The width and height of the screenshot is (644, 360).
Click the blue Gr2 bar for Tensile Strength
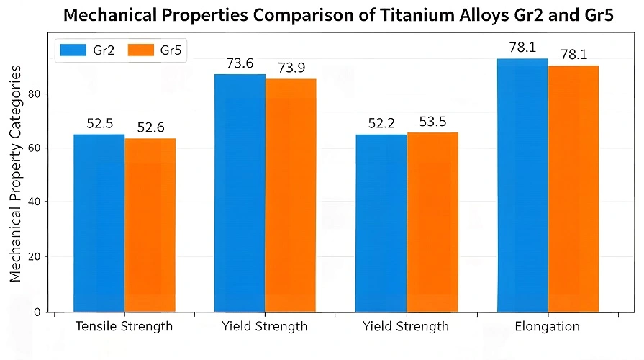pyautogui.click(x=99, y=223)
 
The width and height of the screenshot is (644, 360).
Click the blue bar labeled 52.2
pyautogui.click(x=381, y=223)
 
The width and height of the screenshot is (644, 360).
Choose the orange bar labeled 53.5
pyautogui.click(x=432, y=222)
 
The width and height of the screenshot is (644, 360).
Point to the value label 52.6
pyautogui.click(x=150, y=127)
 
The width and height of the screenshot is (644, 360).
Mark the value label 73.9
pyautogui.click(x=291, y=68)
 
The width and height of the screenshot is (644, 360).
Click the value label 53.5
pyautogui.click(x=432, y=122)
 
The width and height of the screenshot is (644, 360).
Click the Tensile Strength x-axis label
pyautogui.click(x=124, y=326)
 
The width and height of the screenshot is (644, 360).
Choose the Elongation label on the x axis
pyautogui.click(x=548, y=326)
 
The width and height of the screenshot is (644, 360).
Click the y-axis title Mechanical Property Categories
pyautogui.click(x=16, y=173)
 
